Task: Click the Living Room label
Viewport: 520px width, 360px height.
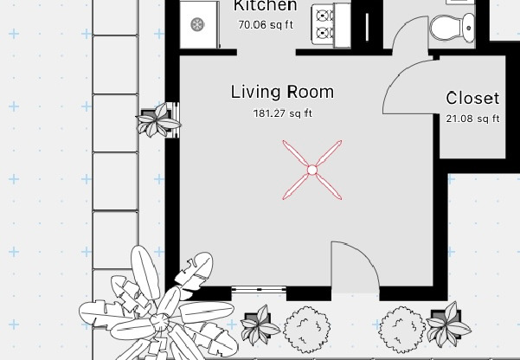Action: pos(282,92)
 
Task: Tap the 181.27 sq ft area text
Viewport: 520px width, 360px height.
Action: pos(283,113)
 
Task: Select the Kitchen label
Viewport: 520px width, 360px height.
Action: pos(265,6)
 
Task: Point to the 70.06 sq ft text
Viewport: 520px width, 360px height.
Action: pos(266,25)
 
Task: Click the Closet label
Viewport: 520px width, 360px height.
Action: pos(472,98)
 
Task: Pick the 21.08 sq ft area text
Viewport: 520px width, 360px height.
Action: pos(472,119)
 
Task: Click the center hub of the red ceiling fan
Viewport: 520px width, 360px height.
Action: pos(312,170)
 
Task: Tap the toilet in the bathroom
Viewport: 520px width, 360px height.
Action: pos(453,27)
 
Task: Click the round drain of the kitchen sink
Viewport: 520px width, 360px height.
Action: pos(197,24)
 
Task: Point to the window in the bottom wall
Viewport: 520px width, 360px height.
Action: pos(259,289)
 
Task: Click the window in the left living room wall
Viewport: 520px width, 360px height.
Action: pos(176,120)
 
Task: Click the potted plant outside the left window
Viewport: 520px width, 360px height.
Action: pos(158,120)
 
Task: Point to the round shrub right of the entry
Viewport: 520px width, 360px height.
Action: pos(402,330)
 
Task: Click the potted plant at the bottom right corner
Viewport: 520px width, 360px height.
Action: pos(447,325)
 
